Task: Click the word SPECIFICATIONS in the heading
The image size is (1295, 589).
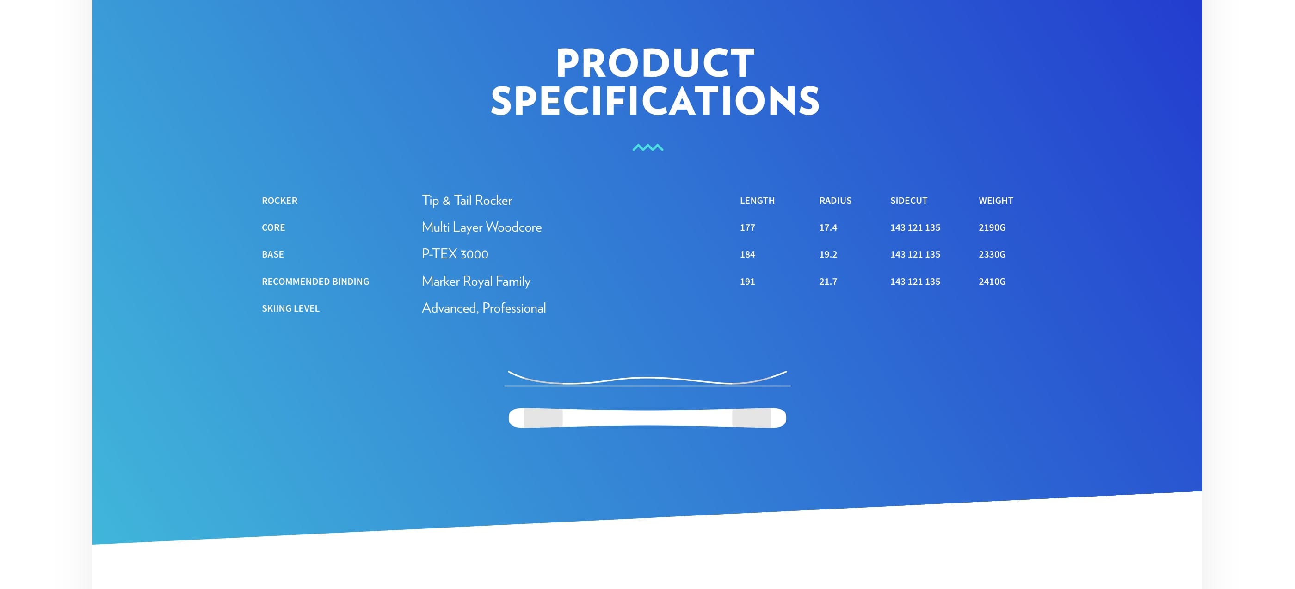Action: click(655, 101)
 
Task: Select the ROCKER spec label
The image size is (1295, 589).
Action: click(279, 201)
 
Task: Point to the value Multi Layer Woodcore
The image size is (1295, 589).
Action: click(481, 227)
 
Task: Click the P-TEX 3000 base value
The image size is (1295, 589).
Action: click(455, 254)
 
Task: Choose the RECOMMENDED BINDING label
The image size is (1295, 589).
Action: click(315, 282)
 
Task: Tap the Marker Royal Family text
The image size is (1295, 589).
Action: click(476, 281)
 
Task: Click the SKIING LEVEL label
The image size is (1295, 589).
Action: click(290, 308)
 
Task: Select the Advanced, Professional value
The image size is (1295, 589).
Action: click(484, 307)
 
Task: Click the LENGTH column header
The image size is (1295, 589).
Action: click(757, 201)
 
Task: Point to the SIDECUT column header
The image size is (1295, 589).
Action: click(908, 201)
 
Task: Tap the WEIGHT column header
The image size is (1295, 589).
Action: click(995, 201)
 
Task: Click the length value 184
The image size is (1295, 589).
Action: click(747, 254)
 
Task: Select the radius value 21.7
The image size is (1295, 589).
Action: click(828, 282)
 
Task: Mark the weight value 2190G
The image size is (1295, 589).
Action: click(992, 227)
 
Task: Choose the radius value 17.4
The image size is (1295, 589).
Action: click(828, 227)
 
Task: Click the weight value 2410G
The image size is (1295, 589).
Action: click(992, 282)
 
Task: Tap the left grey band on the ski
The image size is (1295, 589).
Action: click(543, 417)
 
